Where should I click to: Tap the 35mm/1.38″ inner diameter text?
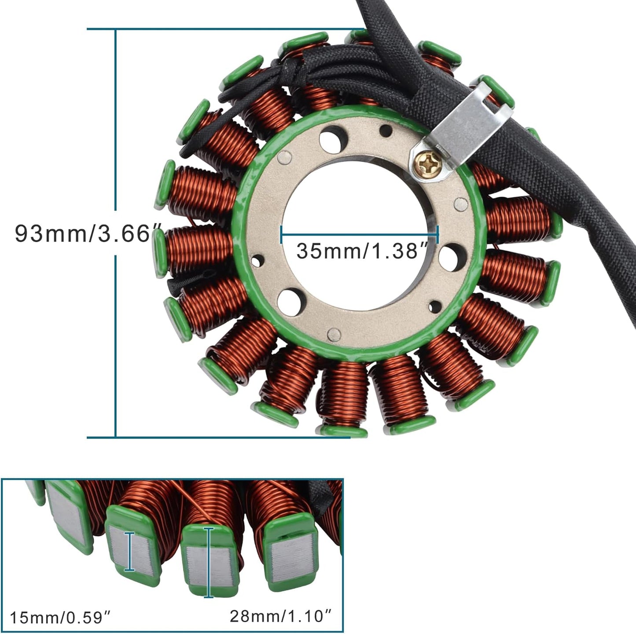pos(357,251)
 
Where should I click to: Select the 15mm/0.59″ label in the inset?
pos(59,617)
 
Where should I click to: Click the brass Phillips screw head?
pos(427,167)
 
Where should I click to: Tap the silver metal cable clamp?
pos(467,128)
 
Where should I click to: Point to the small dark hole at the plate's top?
pos(386,130)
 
